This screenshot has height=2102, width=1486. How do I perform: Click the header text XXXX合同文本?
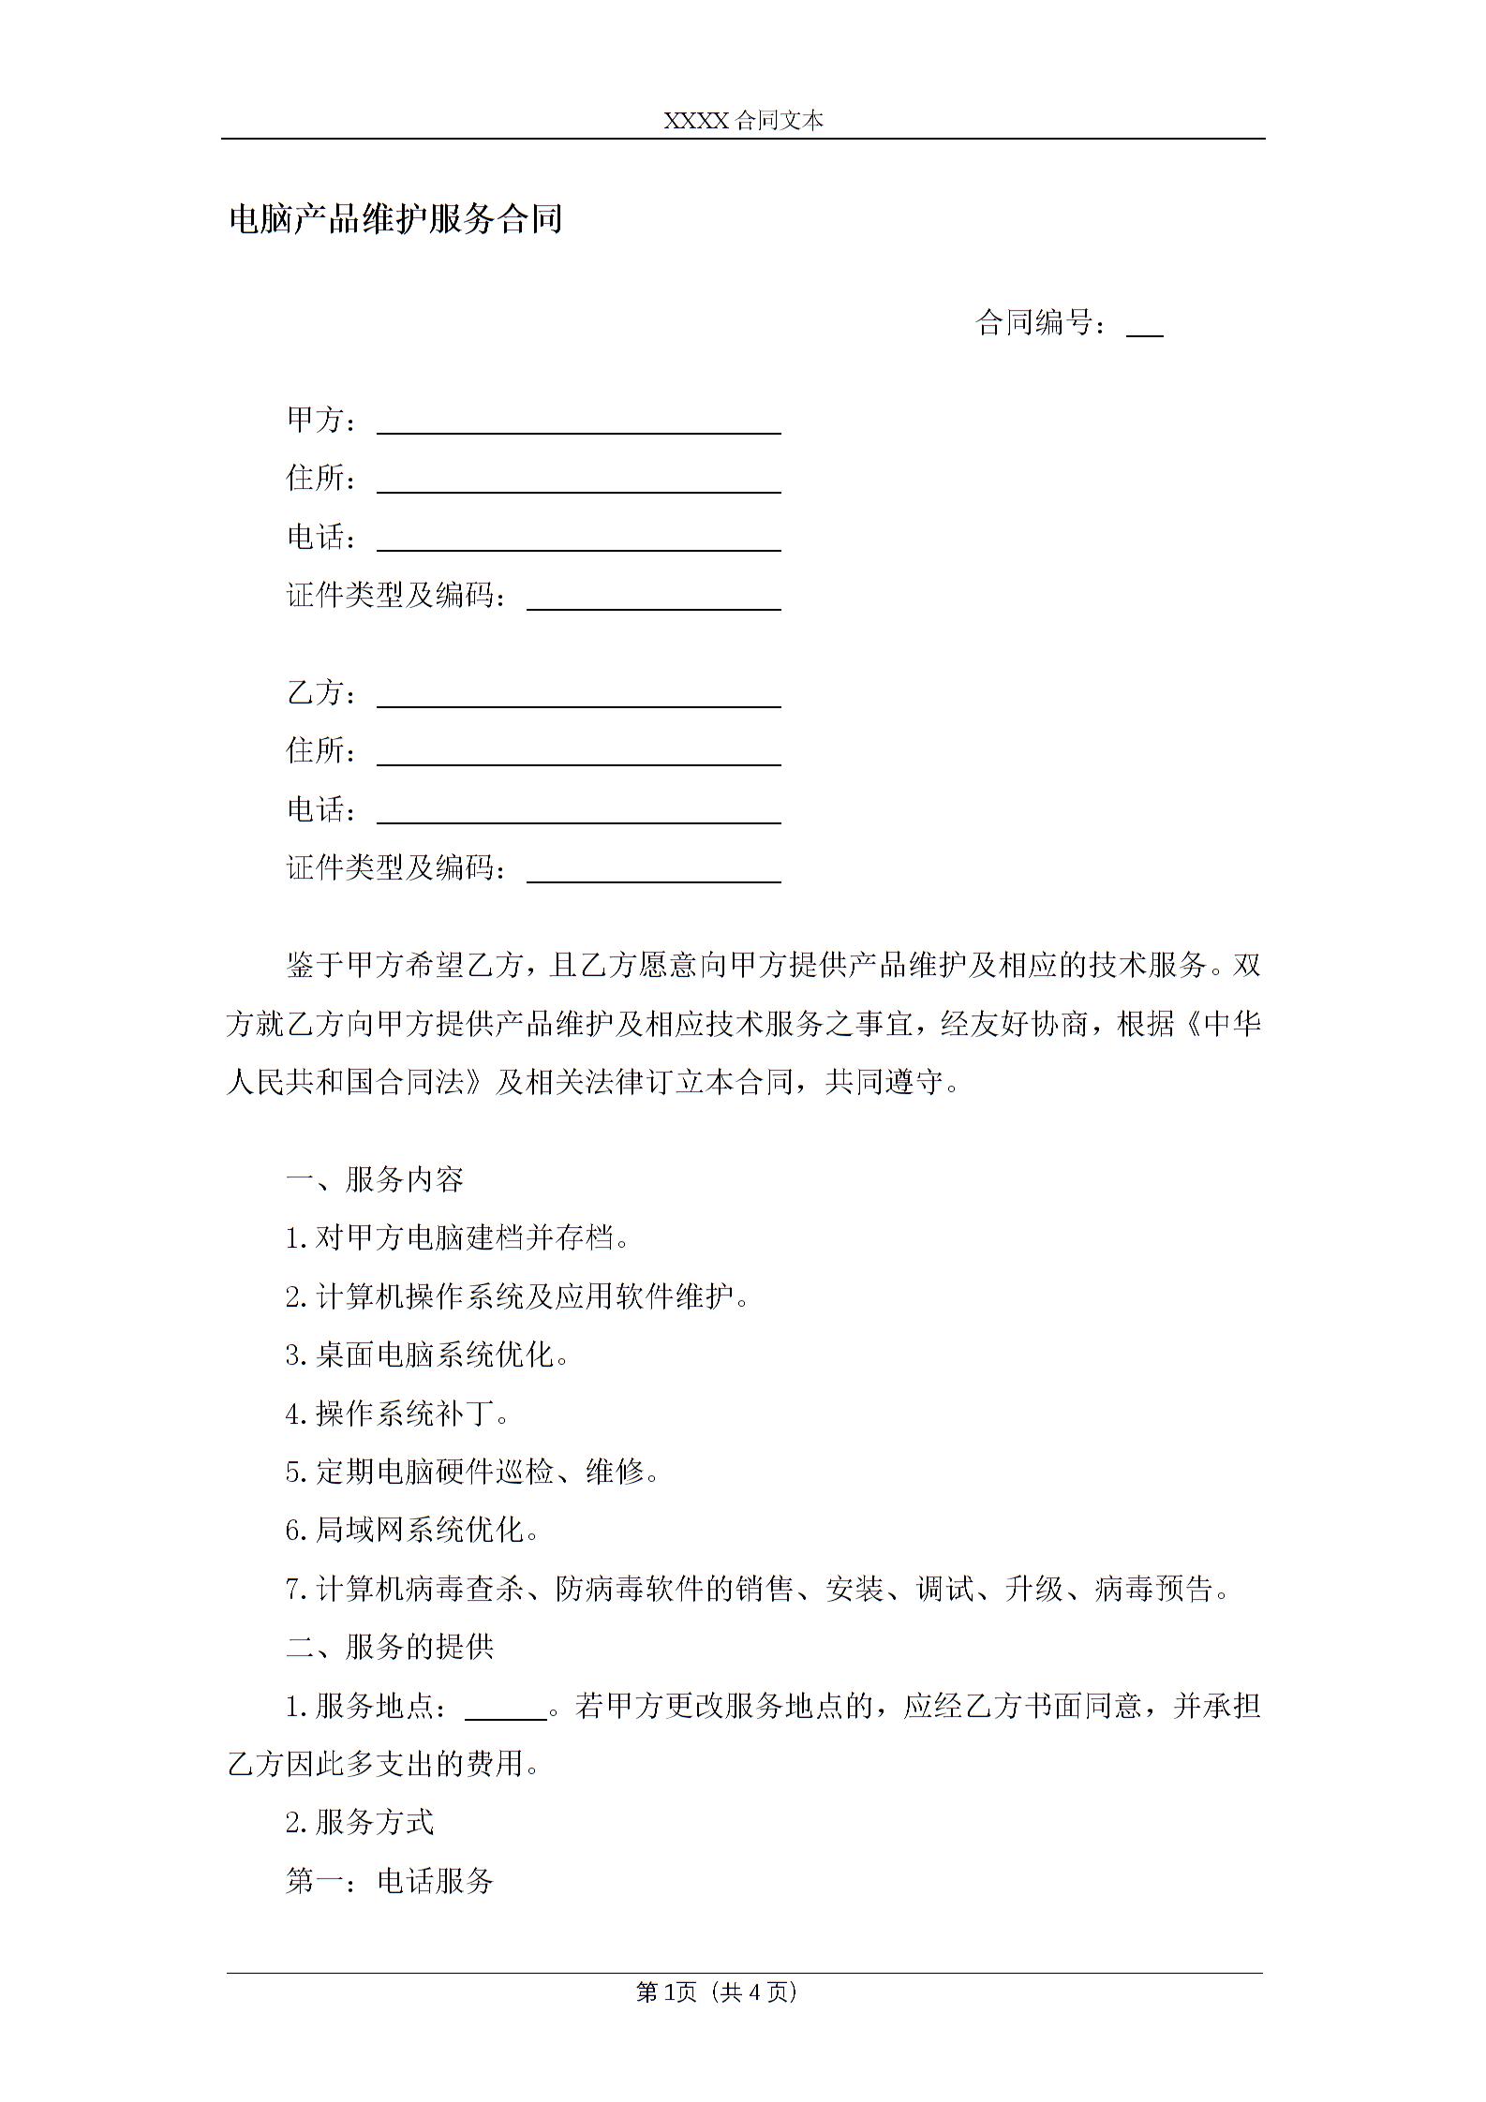point(743,121)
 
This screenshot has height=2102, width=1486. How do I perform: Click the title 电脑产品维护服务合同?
point(395,219)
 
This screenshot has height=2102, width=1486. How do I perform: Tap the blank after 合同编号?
point(1144,325)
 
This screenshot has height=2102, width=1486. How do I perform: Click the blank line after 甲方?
point(578,422)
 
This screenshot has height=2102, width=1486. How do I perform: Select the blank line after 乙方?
point(578,696)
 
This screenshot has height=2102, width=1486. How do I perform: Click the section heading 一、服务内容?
point(375,1179)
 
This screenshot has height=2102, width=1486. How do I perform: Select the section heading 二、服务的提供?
point(390,1647)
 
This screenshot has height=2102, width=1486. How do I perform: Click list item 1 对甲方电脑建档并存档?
point(457,1238)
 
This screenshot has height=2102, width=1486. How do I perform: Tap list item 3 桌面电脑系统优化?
point(427,1354)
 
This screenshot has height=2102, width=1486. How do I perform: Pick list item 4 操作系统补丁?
point(397,1414)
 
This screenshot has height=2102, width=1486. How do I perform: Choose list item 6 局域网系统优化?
point(412,1530)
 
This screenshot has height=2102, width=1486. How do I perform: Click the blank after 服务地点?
point(506,1707)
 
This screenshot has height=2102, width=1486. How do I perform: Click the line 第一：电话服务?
point(390,1881)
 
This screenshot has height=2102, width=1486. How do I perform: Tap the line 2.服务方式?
point(360,1822)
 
